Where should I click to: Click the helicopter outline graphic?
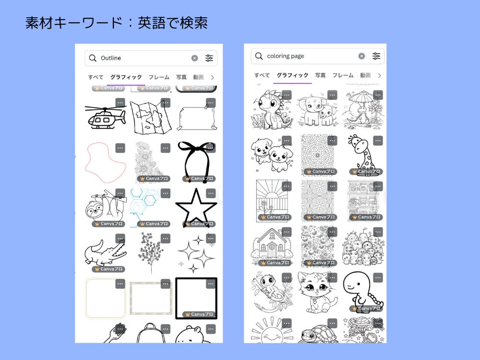(x=105, y=116)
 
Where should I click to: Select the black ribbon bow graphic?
(x=196, y=161)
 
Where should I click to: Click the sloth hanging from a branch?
(x=103, y=207)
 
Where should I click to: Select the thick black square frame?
(x=196, y=298)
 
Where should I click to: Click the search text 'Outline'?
(x=111, y=58)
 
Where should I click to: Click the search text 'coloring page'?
(x=286, y=56)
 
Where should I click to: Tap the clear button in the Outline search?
(x=194, y=58)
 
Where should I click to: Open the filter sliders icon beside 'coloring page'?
(x=376, y=56)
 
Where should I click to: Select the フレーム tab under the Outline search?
(x=159, y=77)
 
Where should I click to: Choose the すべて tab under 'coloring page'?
(x=262, y=75)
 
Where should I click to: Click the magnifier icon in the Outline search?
(x=93, y=58)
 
